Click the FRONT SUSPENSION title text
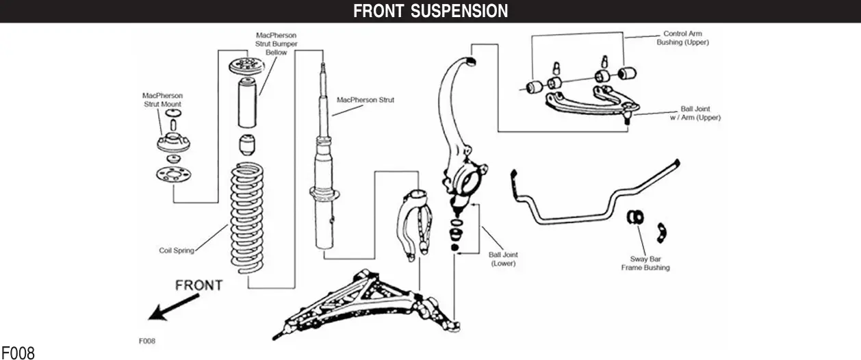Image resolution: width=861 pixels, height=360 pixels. (430, 11)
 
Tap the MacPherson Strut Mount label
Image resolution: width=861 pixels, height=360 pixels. (162, 100)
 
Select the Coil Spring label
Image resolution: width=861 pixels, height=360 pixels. (177, 250)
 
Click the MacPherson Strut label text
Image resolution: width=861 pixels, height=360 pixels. (365, 100)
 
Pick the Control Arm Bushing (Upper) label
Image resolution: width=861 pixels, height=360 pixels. (682, 38)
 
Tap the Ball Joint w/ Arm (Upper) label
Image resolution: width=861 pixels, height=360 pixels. (695, 113)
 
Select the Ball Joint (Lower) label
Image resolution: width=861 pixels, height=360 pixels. (503, 259)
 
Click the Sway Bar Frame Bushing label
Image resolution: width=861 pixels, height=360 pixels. (645, 263)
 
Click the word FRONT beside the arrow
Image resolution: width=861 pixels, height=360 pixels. (198, 285)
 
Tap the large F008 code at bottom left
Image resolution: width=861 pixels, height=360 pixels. (18, 353)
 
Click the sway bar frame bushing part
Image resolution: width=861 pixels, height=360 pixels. (635, 217)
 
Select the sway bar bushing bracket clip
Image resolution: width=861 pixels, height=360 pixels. (660, 231)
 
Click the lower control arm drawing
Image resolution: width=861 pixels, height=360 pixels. (363, 301)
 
